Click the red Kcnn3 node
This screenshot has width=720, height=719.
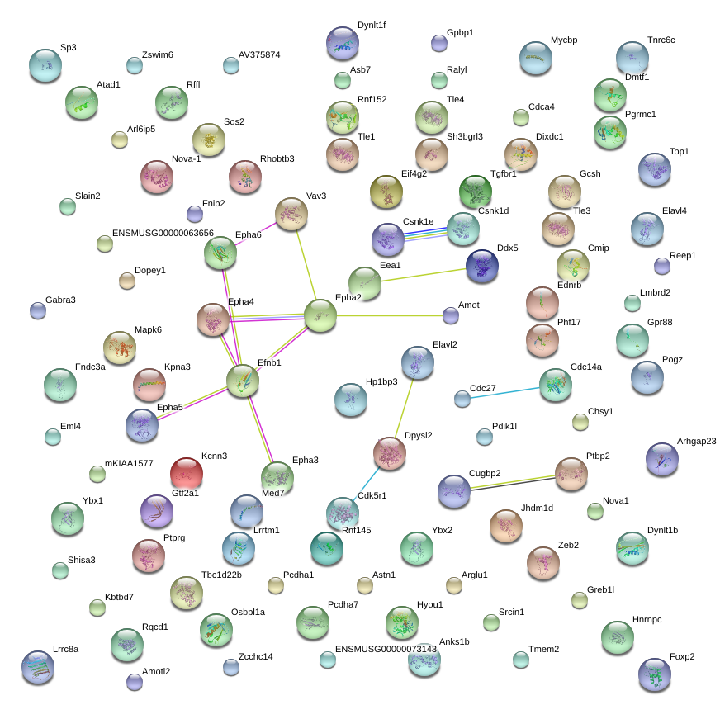pos(187,474)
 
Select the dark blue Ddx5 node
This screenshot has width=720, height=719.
pos(482,266)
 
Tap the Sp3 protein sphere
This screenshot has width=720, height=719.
pos(45,65)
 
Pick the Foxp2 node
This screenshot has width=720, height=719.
pos(655,674)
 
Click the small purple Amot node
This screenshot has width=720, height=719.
pos(451,315)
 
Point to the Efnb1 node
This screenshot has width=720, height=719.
pos(243,381)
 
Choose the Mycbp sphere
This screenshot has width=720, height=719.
pos(536,58)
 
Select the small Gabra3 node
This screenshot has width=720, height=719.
pos(38,310)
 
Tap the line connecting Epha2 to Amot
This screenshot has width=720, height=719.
pos(390,316)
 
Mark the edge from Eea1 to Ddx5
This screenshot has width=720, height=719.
pos(424,275)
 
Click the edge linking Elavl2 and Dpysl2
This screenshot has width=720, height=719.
pos(404,408)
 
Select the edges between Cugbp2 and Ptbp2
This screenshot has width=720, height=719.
pos(513,484)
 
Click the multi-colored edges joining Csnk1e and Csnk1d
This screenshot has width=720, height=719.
pos(426,234)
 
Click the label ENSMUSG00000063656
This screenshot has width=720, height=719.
pos(163,233)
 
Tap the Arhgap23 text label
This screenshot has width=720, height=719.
pos(696,441)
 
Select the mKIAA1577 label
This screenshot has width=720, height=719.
pos(129,463)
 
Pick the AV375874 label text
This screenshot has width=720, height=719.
pos(259,54)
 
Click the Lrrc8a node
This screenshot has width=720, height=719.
pos(38,667)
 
